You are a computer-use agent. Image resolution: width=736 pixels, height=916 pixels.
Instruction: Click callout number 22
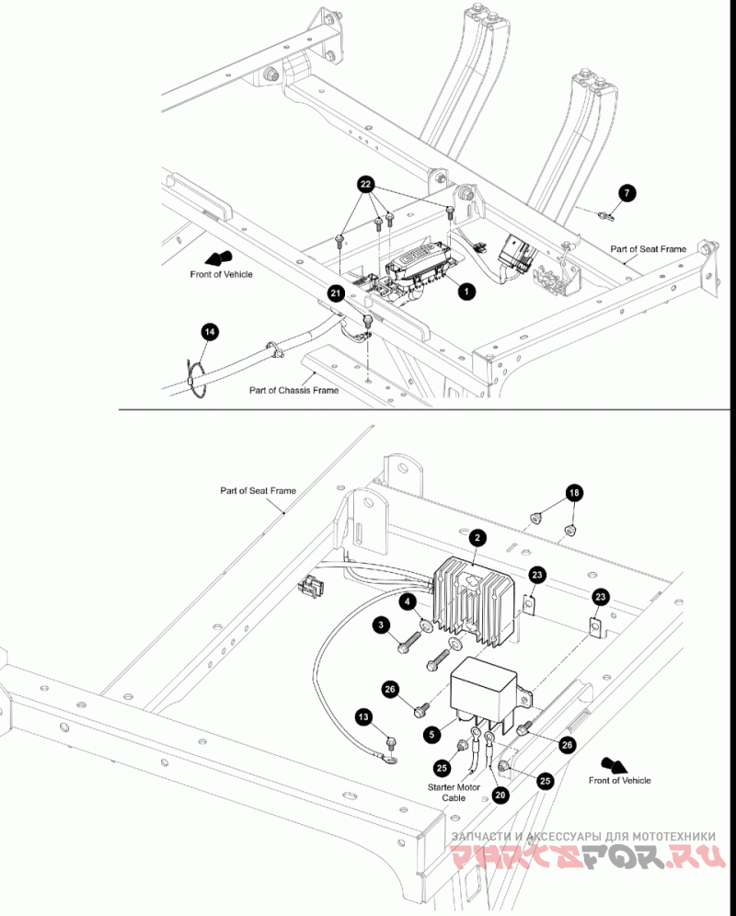(365, 185)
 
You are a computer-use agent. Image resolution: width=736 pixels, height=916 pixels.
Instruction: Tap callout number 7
(627, 193)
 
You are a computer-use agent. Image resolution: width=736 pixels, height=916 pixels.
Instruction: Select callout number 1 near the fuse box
(466, 291)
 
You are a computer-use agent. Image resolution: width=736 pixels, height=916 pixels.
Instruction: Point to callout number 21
(336, 292)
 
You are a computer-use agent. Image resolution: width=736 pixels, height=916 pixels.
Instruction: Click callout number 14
(209, 332)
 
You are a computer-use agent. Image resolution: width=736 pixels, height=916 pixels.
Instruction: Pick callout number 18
(574, 493)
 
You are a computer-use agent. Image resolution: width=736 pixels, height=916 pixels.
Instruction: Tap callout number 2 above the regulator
(477, 537)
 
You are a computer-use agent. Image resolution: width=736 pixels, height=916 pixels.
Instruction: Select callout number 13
(363, 716)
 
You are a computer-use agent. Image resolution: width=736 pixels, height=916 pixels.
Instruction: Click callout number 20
(500, 795)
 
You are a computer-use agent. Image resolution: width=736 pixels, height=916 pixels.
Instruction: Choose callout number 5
(432, 734)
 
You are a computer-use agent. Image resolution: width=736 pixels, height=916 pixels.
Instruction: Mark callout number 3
(381, 625)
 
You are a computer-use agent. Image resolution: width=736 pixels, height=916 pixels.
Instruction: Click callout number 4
(408, 601)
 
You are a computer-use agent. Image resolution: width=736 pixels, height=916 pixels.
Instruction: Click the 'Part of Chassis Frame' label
(294, 390)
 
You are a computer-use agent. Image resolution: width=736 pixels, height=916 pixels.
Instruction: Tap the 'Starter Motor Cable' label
(454, 792)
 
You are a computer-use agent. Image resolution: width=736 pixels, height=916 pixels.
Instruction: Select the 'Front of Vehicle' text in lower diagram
(620, 780)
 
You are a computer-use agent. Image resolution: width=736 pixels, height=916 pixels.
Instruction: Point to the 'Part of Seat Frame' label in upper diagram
(649, 249)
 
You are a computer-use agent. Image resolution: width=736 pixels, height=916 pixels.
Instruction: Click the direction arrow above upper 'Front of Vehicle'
(221, 258)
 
